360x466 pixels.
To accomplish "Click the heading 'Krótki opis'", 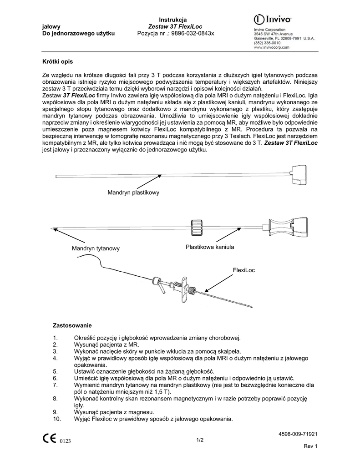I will [57, 61].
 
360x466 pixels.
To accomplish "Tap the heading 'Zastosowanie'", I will [73, 326].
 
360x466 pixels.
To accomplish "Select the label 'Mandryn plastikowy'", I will [133, 193].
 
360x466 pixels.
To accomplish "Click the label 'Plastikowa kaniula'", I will [210, 247].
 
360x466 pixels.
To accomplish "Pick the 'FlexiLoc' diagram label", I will [244, 270].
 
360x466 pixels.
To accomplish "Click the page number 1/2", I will [200, 440].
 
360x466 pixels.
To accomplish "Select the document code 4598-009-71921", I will [298, 434].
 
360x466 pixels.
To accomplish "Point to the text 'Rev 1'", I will [310, 446].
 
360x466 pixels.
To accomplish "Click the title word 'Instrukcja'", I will [172, 20].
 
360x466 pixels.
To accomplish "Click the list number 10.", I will [57, 419].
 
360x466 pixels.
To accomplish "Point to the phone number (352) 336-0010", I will [267, 43].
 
